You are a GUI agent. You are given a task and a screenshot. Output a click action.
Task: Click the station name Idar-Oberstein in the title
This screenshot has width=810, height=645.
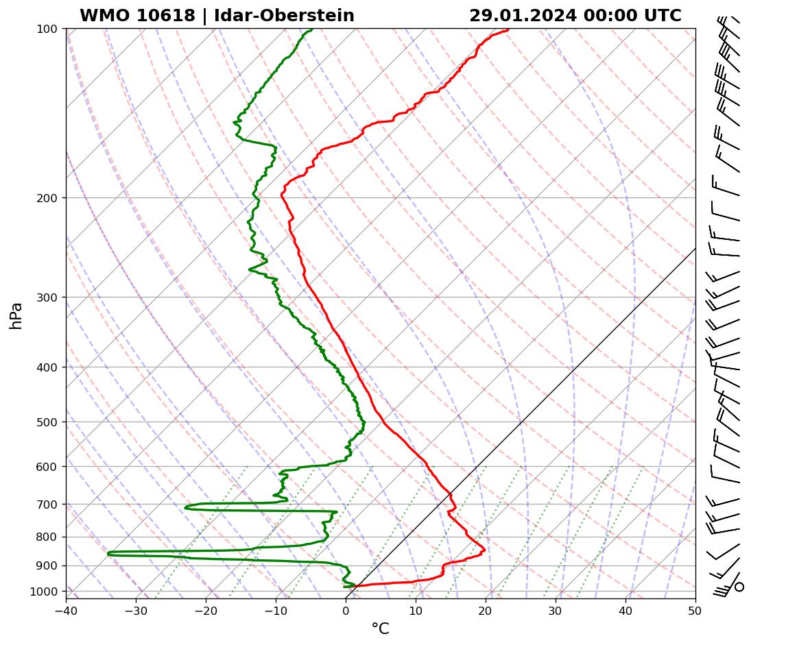coord(284,16)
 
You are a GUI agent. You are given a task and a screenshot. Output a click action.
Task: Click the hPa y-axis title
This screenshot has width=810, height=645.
coord(16,315)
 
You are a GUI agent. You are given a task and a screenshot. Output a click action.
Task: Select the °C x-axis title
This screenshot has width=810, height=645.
coord(380,629)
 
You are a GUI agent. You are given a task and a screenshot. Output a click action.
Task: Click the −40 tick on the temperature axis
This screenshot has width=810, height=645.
coord(66,608)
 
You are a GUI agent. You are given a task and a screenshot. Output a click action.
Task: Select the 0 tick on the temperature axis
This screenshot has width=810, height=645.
coord(346,608)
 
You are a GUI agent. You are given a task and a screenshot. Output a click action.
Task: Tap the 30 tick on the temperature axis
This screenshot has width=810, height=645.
coord(556,608)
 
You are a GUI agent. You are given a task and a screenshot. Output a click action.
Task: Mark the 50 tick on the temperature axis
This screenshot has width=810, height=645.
coord(695,608)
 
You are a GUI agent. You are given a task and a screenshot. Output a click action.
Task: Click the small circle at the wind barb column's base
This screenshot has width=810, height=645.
coord(739,587)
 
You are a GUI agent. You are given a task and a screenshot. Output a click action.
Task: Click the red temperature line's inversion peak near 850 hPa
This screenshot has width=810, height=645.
coord(484,550)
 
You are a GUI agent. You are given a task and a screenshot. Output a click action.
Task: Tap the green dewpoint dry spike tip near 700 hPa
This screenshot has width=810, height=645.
coord(185,508)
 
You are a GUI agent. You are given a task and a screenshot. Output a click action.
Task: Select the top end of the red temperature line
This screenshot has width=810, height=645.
coord(508,29)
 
